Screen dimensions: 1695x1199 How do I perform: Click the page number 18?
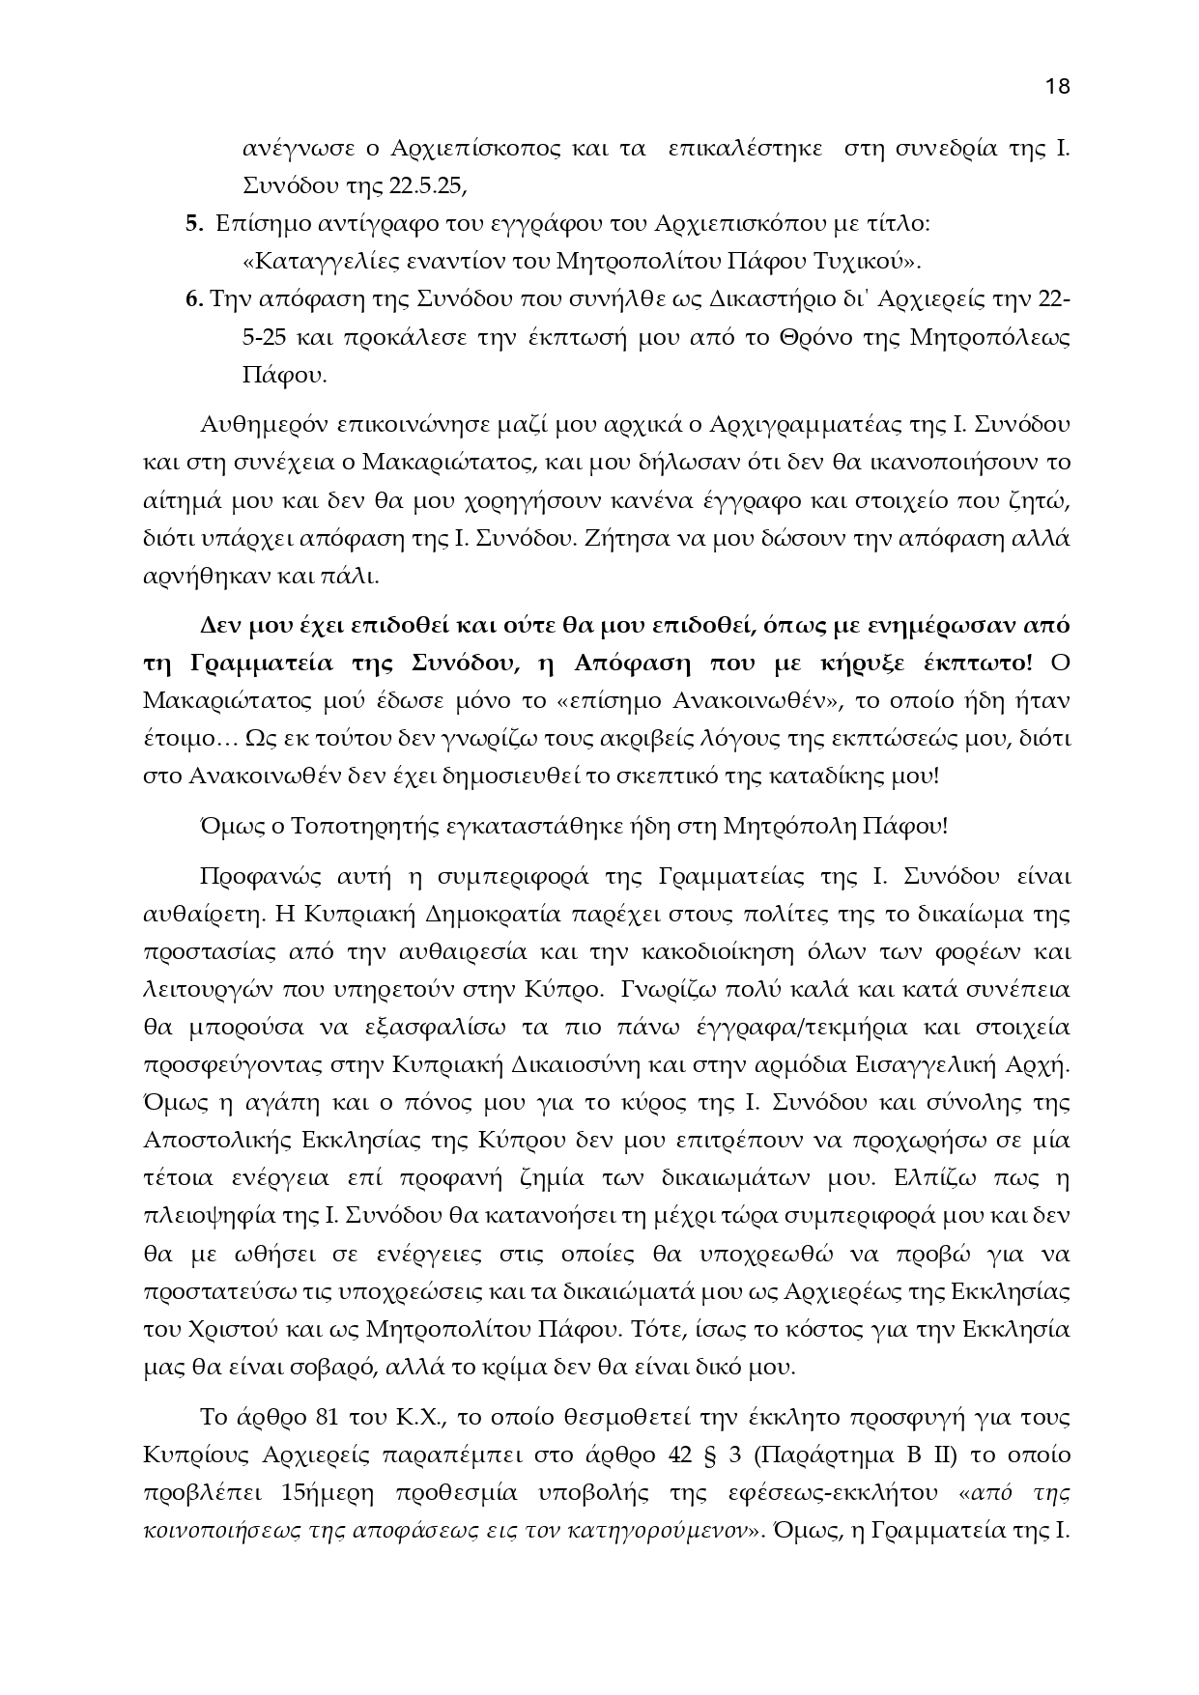(x=1057, y=86)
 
